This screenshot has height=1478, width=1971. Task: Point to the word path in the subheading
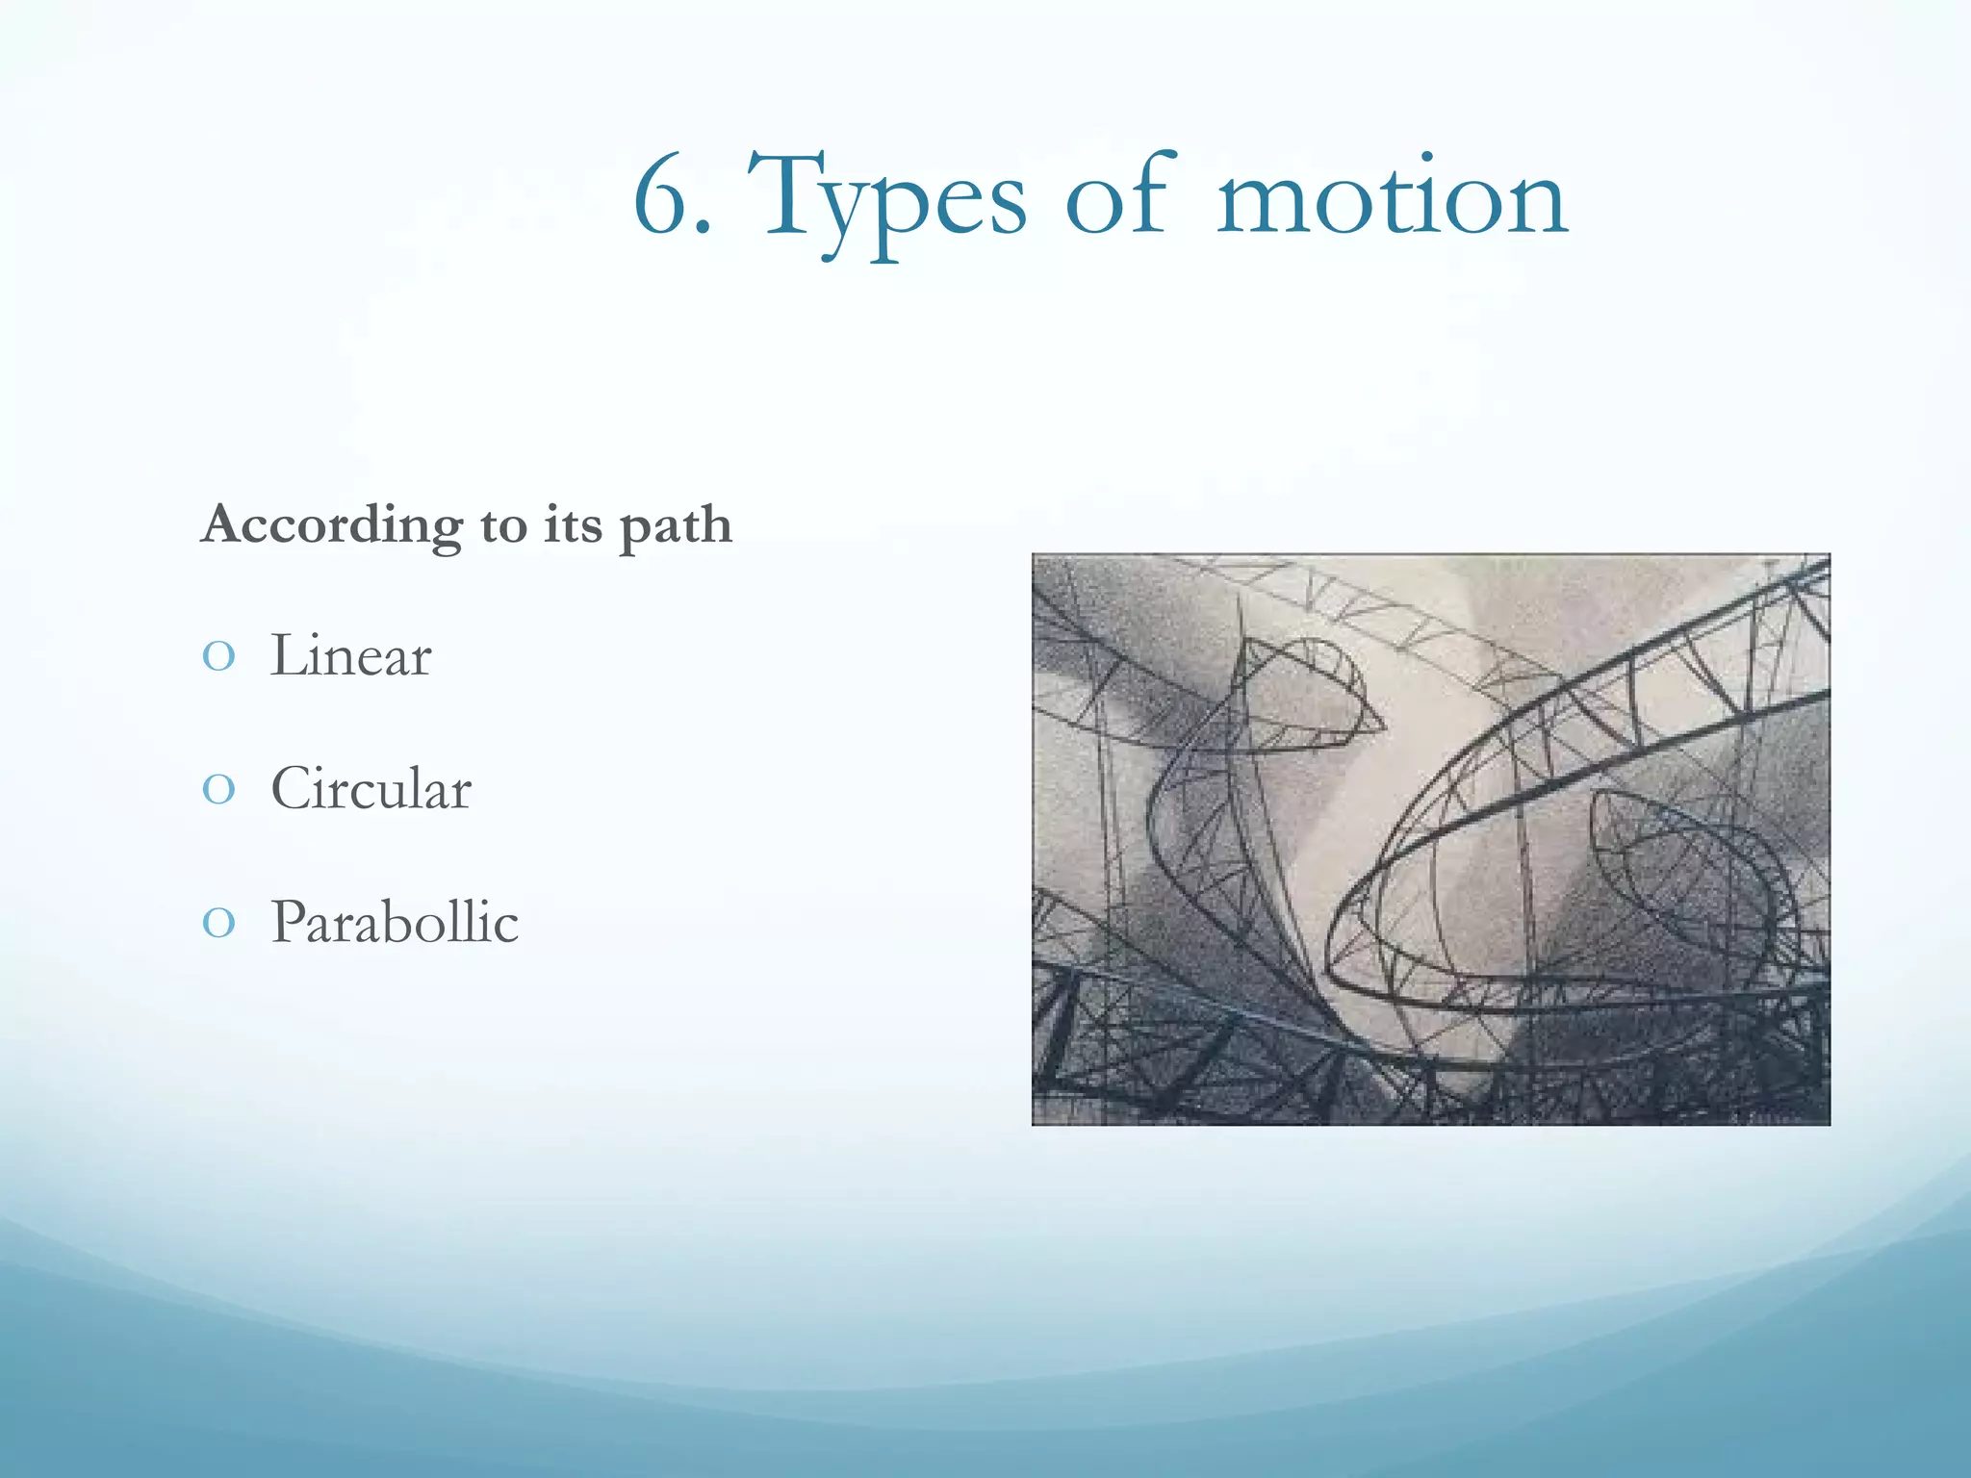(675, 527)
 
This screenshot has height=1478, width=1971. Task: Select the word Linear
(350, 656)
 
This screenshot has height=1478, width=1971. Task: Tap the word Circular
(371, 789)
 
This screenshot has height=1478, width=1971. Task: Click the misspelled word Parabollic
(395, 922)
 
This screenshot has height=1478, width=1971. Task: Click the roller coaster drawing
(1430, 839)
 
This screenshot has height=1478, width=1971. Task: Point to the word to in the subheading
(503, 526)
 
